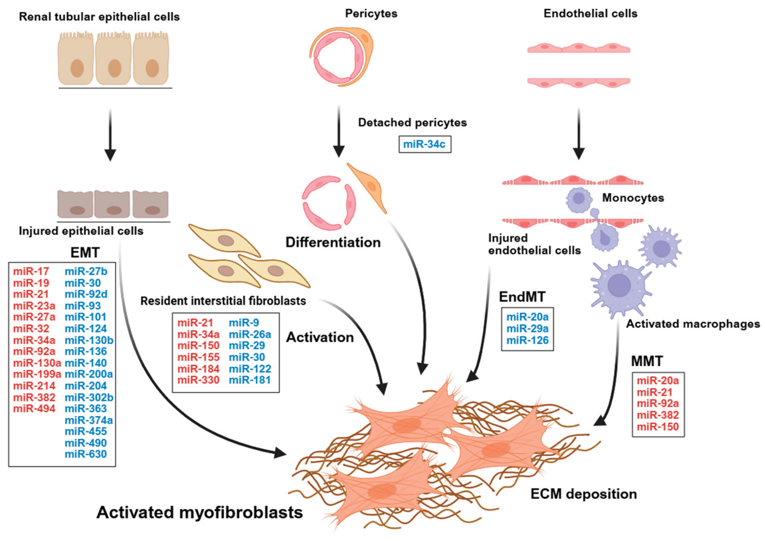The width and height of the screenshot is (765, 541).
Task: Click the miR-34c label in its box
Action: [x=425, y=145]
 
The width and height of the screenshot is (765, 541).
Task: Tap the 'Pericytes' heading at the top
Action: [x=371, y=14]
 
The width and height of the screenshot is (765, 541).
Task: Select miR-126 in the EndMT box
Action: [x=527, y=340]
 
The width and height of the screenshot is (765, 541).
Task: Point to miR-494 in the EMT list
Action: [x=34, y=408]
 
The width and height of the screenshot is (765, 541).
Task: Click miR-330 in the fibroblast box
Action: [x=198, y=380]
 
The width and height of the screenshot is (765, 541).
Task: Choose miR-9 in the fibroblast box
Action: [x=244, y=323]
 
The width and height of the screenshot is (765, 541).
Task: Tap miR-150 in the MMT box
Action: [x=658, y=426]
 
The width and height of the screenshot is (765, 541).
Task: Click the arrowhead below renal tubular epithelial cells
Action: [x=110, y=155]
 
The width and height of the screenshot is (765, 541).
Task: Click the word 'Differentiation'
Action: [x=333, y=242]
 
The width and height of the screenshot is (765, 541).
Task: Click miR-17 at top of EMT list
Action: [x=31, y=271]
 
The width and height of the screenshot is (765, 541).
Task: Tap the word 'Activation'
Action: [x=320, y=337]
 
